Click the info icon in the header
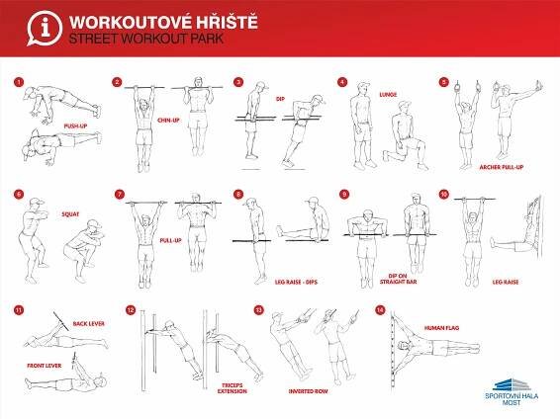pos(45,29)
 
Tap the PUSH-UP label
pos(75,126)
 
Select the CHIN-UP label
pos(168,121)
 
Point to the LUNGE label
pos(388,95)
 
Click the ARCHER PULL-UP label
pos(501,167)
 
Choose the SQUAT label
pos(70,214)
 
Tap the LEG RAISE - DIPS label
pos(296,282)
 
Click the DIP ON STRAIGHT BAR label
pos(398,279)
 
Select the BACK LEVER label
pos(89,324)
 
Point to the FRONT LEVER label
pos(45,366)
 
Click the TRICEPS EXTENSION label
pos(233,388)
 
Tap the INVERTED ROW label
pos(309,391)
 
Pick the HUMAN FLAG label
pos(442,328)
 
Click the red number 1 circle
pos(19,82)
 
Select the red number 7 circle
pos(120,195)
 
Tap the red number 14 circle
pos(380,310)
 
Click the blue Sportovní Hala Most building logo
pos(512,384)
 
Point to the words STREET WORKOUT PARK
pos(146,39)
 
